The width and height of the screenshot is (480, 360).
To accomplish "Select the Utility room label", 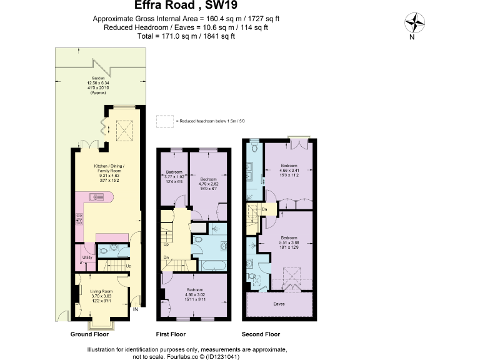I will click(87, 257).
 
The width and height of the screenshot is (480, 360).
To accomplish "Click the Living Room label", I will click(101, 291).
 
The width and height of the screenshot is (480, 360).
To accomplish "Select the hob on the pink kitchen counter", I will click(79, 218).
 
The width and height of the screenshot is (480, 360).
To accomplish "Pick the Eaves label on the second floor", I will click(280, 305).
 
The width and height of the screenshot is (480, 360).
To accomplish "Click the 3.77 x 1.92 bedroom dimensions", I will click(174, 177).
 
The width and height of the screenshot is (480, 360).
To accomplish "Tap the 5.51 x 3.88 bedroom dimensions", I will click(288, 243).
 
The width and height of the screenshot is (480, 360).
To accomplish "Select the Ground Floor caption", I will click(90, 334).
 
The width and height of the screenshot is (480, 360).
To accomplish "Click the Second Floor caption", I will click(261, 334).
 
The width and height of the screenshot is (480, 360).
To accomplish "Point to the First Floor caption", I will click(171, 334).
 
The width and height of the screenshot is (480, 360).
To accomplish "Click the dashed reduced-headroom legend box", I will click(164, 121).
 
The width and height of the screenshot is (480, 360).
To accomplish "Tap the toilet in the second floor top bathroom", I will click(255, 150).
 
